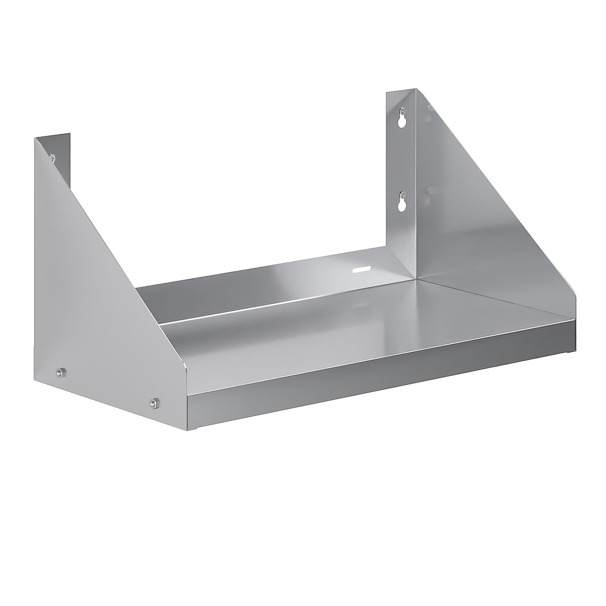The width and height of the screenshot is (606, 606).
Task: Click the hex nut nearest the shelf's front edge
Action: (x=153, y=403)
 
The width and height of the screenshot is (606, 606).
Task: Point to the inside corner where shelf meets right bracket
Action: (x=415, y=277)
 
